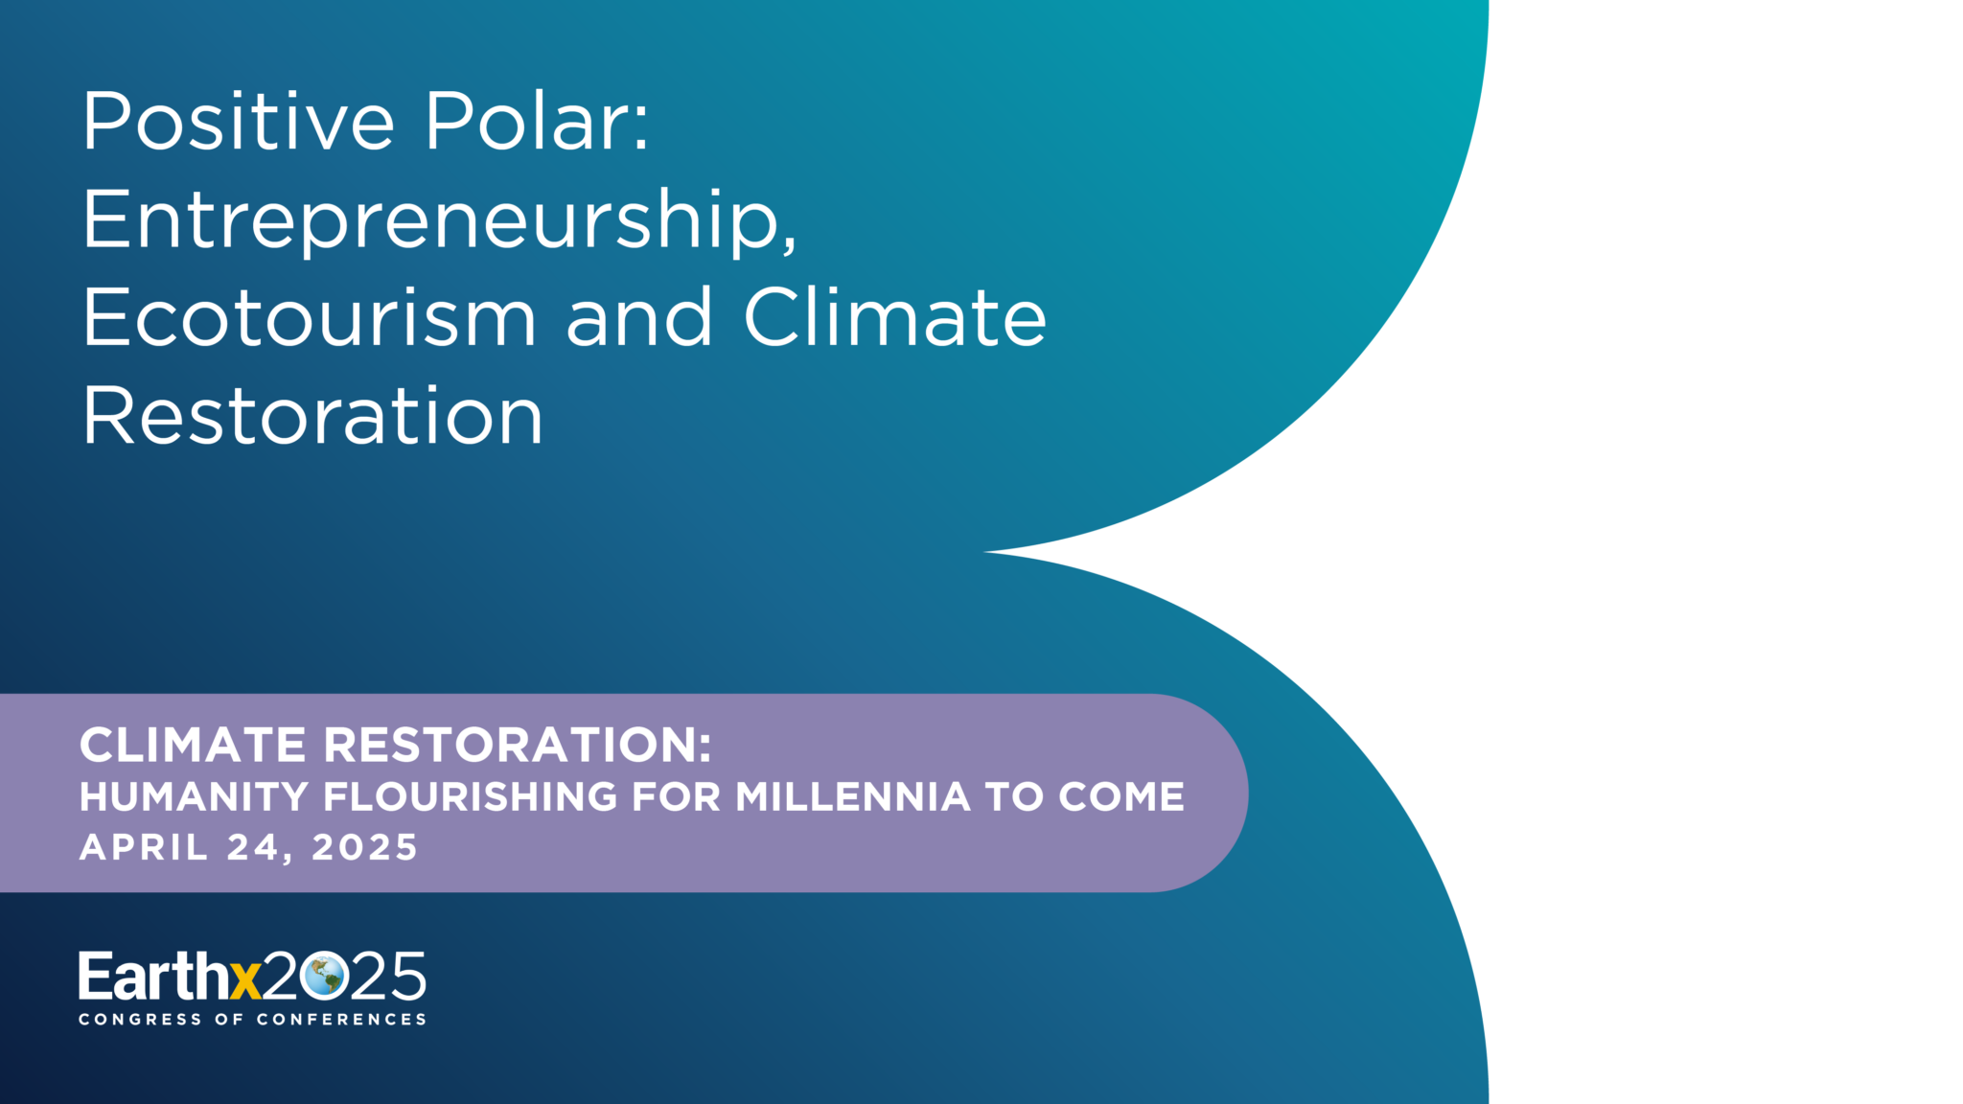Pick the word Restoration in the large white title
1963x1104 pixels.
click(x=313, y=416)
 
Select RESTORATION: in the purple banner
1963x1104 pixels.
click(x=518, y=745)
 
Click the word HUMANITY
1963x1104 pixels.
click(x=194, y=797)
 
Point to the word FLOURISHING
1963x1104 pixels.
click(x=471, y=797)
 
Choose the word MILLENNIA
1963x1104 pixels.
click(x=853, y=797)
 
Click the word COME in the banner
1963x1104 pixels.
click(x=1121, y=797)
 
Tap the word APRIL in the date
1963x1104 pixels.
click(x=144, y=847)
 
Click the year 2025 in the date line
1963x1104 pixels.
click(x=365, y=847)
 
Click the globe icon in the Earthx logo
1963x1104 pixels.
click(x=323, y=976)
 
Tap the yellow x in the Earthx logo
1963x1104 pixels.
click(x=245, y=981)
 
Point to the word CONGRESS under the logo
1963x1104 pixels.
click(x=141, y=1020)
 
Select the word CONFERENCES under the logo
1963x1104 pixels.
click(x=341, y=1020)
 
